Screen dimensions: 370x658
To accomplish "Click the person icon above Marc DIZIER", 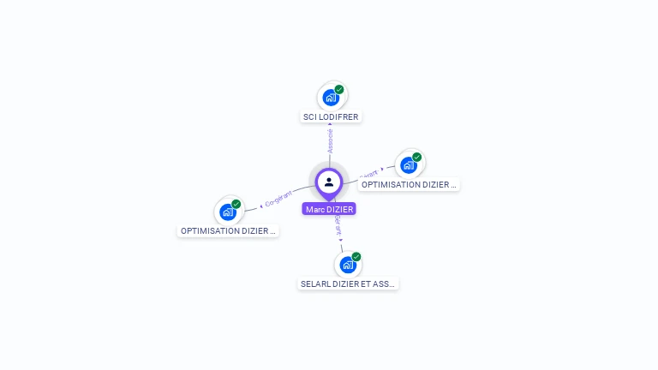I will tap(329, 182).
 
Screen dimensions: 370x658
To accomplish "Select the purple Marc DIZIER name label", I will tap(329, 209).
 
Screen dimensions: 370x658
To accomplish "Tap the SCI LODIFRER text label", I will tap(331, 116).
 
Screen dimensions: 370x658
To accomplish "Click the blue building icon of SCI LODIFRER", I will tap(331, 98).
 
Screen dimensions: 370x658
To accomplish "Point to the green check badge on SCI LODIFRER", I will tap(339, 89).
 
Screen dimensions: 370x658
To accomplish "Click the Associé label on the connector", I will tap(330, 141).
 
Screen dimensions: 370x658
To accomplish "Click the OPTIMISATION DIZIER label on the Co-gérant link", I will tap(228, 230).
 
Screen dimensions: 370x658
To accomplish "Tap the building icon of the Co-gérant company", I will tap(228, 212).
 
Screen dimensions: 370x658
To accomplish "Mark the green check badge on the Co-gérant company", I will tap(236, 204).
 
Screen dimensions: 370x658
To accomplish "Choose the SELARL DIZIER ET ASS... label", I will tap(348, 283).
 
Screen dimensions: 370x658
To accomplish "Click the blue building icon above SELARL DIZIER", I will tap(348, 265).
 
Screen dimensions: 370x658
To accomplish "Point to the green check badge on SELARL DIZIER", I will tap(356, 256).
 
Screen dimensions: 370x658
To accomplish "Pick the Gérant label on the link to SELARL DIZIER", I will tap(338, 229).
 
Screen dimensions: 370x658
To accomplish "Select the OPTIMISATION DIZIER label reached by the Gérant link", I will tap(409, 184).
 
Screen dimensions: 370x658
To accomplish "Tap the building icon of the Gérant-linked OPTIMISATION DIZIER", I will tap(409, 165).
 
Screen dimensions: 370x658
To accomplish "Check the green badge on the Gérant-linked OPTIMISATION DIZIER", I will tap(417, 157).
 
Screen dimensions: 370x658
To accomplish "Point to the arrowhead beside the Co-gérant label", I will tap(260, 206).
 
